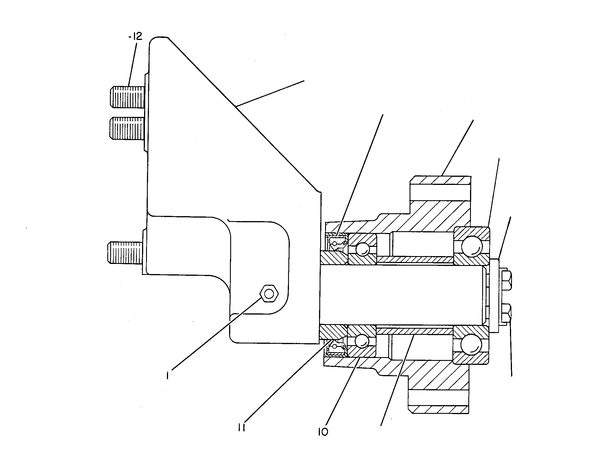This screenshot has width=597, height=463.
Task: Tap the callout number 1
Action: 167,375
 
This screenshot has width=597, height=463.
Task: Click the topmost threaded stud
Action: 127,97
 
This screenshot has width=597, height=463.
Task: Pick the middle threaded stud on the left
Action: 127,128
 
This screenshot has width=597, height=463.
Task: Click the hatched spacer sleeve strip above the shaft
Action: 415,260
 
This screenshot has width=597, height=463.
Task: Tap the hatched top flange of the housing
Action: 440,180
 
